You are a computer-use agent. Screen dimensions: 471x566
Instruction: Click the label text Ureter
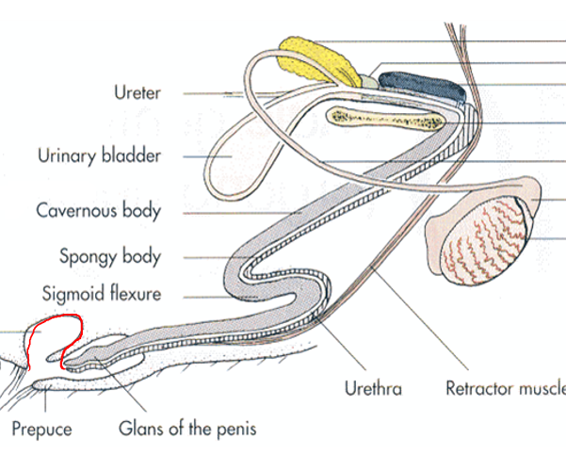(x=137, y=93)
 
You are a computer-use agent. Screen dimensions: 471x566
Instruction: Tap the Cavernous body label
(x=98, y=211)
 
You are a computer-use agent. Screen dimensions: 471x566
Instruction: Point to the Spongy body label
(x=110, y=256)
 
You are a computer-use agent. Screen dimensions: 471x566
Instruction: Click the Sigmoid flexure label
(x=101, y=294)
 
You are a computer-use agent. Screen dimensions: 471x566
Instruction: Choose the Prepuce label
(x=41, y=430)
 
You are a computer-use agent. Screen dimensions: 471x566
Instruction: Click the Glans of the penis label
(x=186, y=430)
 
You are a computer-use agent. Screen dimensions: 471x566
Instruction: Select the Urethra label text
(x=371, y=388)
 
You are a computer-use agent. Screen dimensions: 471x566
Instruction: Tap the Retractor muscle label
(x=505, y=388)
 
